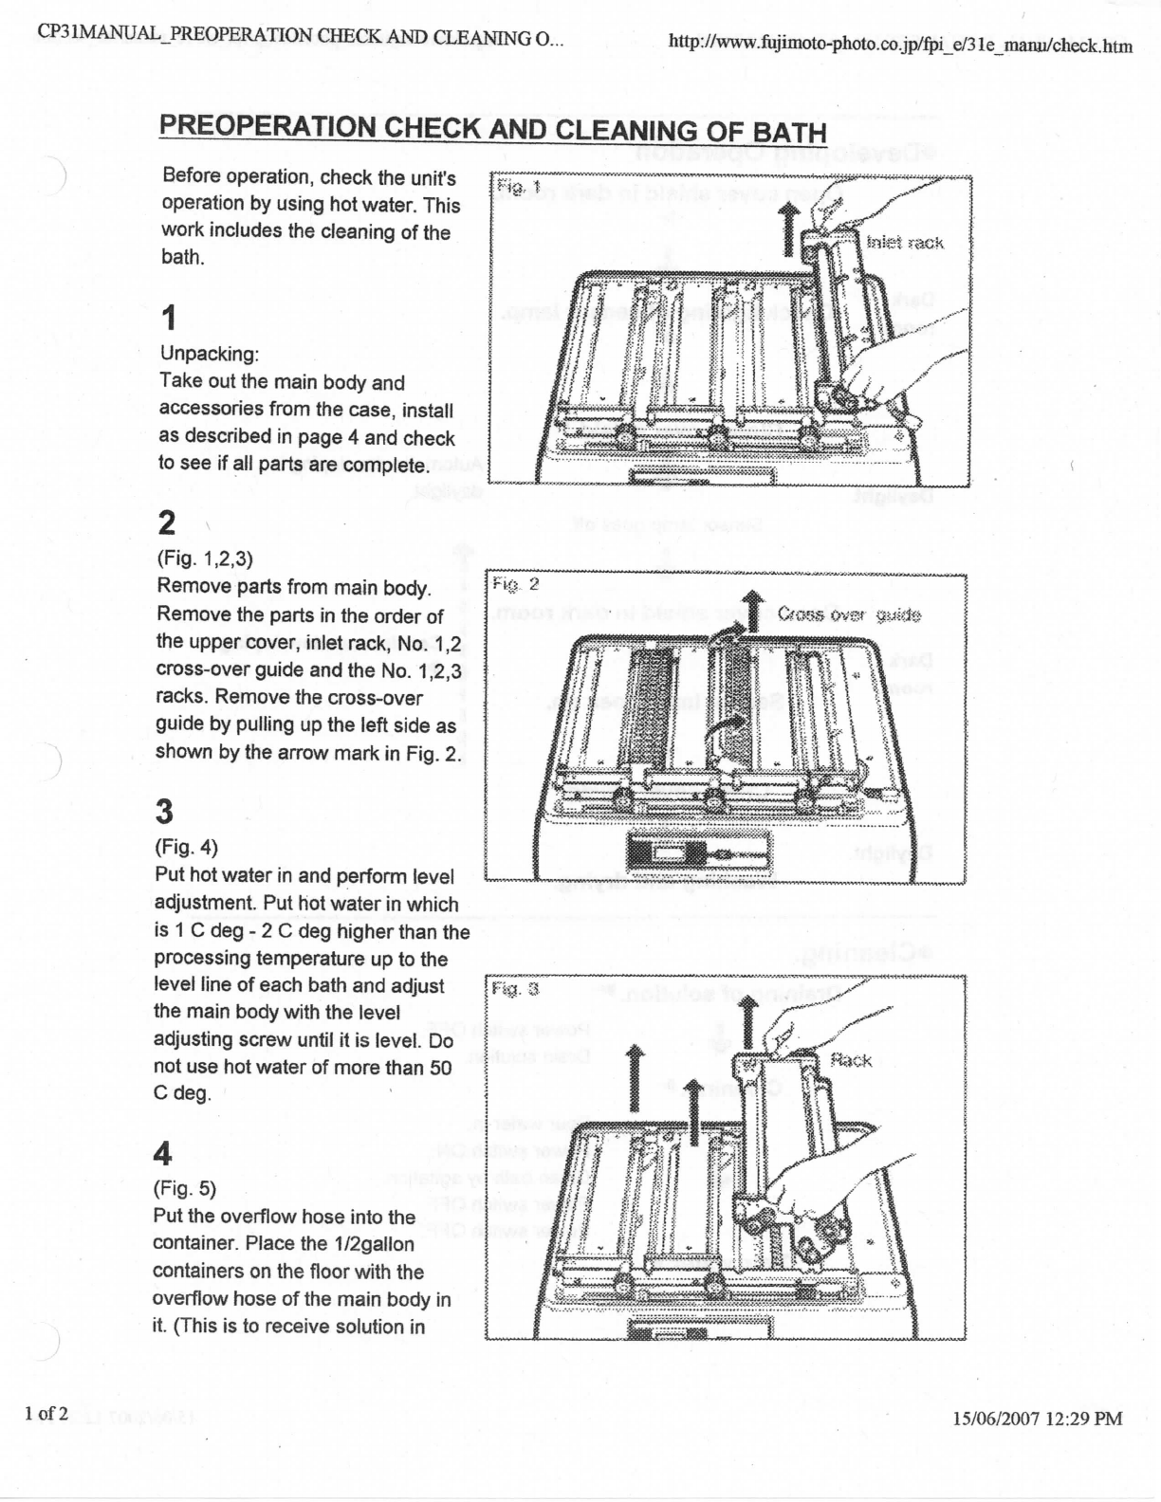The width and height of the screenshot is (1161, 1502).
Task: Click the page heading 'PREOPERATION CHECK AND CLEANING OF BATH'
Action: pos(492,130)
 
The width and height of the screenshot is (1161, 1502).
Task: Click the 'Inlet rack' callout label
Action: pos(905,243)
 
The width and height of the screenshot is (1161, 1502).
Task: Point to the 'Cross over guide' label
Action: pos(849,614)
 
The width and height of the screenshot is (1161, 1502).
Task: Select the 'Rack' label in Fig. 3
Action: pos(850,1060)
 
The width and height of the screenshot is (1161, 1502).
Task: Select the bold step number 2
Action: pos(167,522)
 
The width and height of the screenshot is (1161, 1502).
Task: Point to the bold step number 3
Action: pos(165,812)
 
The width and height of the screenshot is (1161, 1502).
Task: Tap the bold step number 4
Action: pos(163,1154)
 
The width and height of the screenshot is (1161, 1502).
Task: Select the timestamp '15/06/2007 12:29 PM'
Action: pos(1037,1419)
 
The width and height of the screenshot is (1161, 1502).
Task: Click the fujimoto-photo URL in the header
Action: pos(900,44)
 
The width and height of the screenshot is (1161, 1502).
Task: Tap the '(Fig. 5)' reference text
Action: pos(185,1188)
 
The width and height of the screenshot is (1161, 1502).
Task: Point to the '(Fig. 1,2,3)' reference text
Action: pos(205,559)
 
